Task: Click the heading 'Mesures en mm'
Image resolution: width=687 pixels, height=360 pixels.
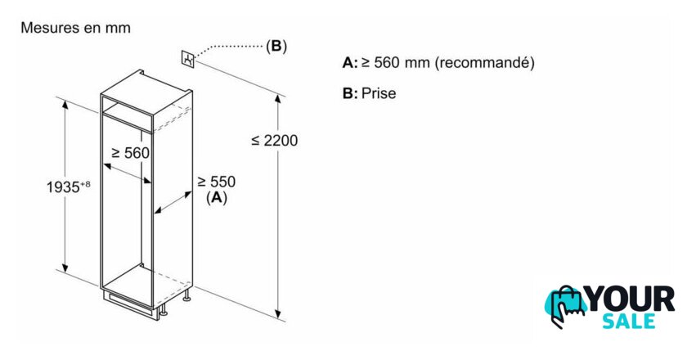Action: coord(75,28)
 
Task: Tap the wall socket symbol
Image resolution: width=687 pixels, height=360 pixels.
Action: coord(188,59)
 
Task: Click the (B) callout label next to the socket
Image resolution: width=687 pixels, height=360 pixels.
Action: coord(276,46)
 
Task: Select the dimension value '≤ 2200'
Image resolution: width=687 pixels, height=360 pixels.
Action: coord(275,140)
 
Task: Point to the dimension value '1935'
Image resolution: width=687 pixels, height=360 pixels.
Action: coord(63,187)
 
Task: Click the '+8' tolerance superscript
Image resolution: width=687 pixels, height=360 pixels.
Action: coord(85,184)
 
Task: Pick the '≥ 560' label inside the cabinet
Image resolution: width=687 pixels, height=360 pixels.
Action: coord(131,153)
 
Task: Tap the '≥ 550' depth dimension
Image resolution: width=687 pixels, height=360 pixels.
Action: coord(216,181)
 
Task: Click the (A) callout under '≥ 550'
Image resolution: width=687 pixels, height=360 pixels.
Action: coord(217,198)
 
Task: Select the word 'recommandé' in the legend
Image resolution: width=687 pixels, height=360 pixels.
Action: coord(484,63)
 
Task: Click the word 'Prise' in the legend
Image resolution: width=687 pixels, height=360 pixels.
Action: coord(379,93)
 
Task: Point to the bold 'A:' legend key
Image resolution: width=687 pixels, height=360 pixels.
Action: coord(350,63)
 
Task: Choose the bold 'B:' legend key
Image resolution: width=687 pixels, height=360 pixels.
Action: coord(350,93)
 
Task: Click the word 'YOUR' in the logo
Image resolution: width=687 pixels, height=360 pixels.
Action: coord(629,299)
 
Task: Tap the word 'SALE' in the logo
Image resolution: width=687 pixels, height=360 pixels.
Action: coord(629,322)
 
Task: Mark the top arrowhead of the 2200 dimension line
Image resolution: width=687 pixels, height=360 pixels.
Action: coord(278,99)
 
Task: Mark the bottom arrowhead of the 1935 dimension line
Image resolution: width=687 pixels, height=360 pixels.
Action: coord(65,268)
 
